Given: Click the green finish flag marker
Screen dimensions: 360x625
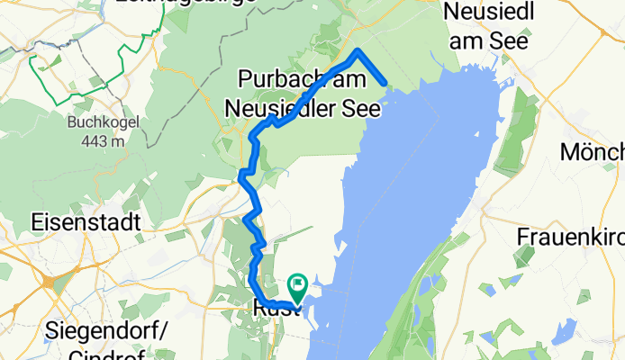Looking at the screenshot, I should click(296, 285).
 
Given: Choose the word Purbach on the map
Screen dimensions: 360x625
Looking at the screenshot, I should click(276, 79).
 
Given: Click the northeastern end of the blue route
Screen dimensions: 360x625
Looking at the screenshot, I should click(386, 85).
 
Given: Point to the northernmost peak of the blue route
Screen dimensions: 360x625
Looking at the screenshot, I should click(358, 50).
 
